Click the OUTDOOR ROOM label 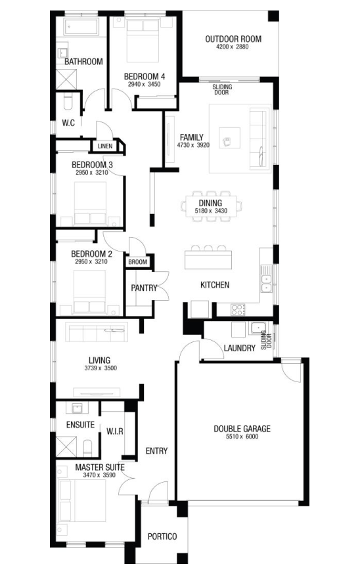tap(233, 39)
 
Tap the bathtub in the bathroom tap(81, 27)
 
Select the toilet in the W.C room tap(68, 102)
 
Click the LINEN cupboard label tap(104, 146)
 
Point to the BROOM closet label tap(137, 262)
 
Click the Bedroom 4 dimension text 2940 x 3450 tap(144, 85)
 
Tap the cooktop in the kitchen tap(238, 309)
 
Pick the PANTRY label tap(144, 288)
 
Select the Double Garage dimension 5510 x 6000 tap(242, 437)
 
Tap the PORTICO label tap(162, 536)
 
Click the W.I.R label tap(115, 431)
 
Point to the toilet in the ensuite tap(88, 448)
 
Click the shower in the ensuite tap(66, 447)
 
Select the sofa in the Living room tap(96, 332)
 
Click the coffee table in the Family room tap(229, 137)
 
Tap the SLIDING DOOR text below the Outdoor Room tap(222, 89)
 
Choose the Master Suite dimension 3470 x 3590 tap(99, 475)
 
